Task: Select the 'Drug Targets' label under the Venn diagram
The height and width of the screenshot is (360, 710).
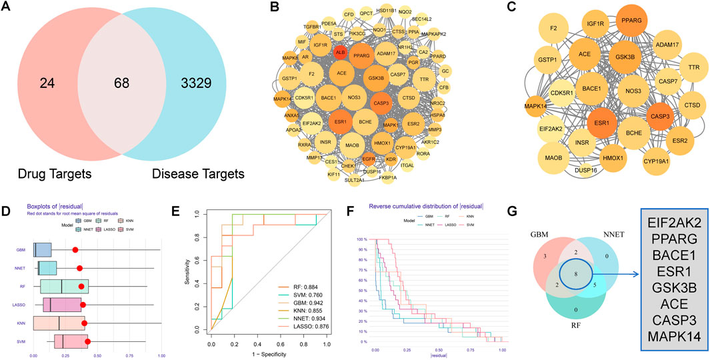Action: tap(56, 174)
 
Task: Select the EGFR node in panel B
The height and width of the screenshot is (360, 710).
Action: tap(369, 159)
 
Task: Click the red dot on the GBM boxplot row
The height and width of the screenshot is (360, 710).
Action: tap(75, 249)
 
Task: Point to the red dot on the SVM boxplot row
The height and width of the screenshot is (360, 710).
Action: tap(88, 341)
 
